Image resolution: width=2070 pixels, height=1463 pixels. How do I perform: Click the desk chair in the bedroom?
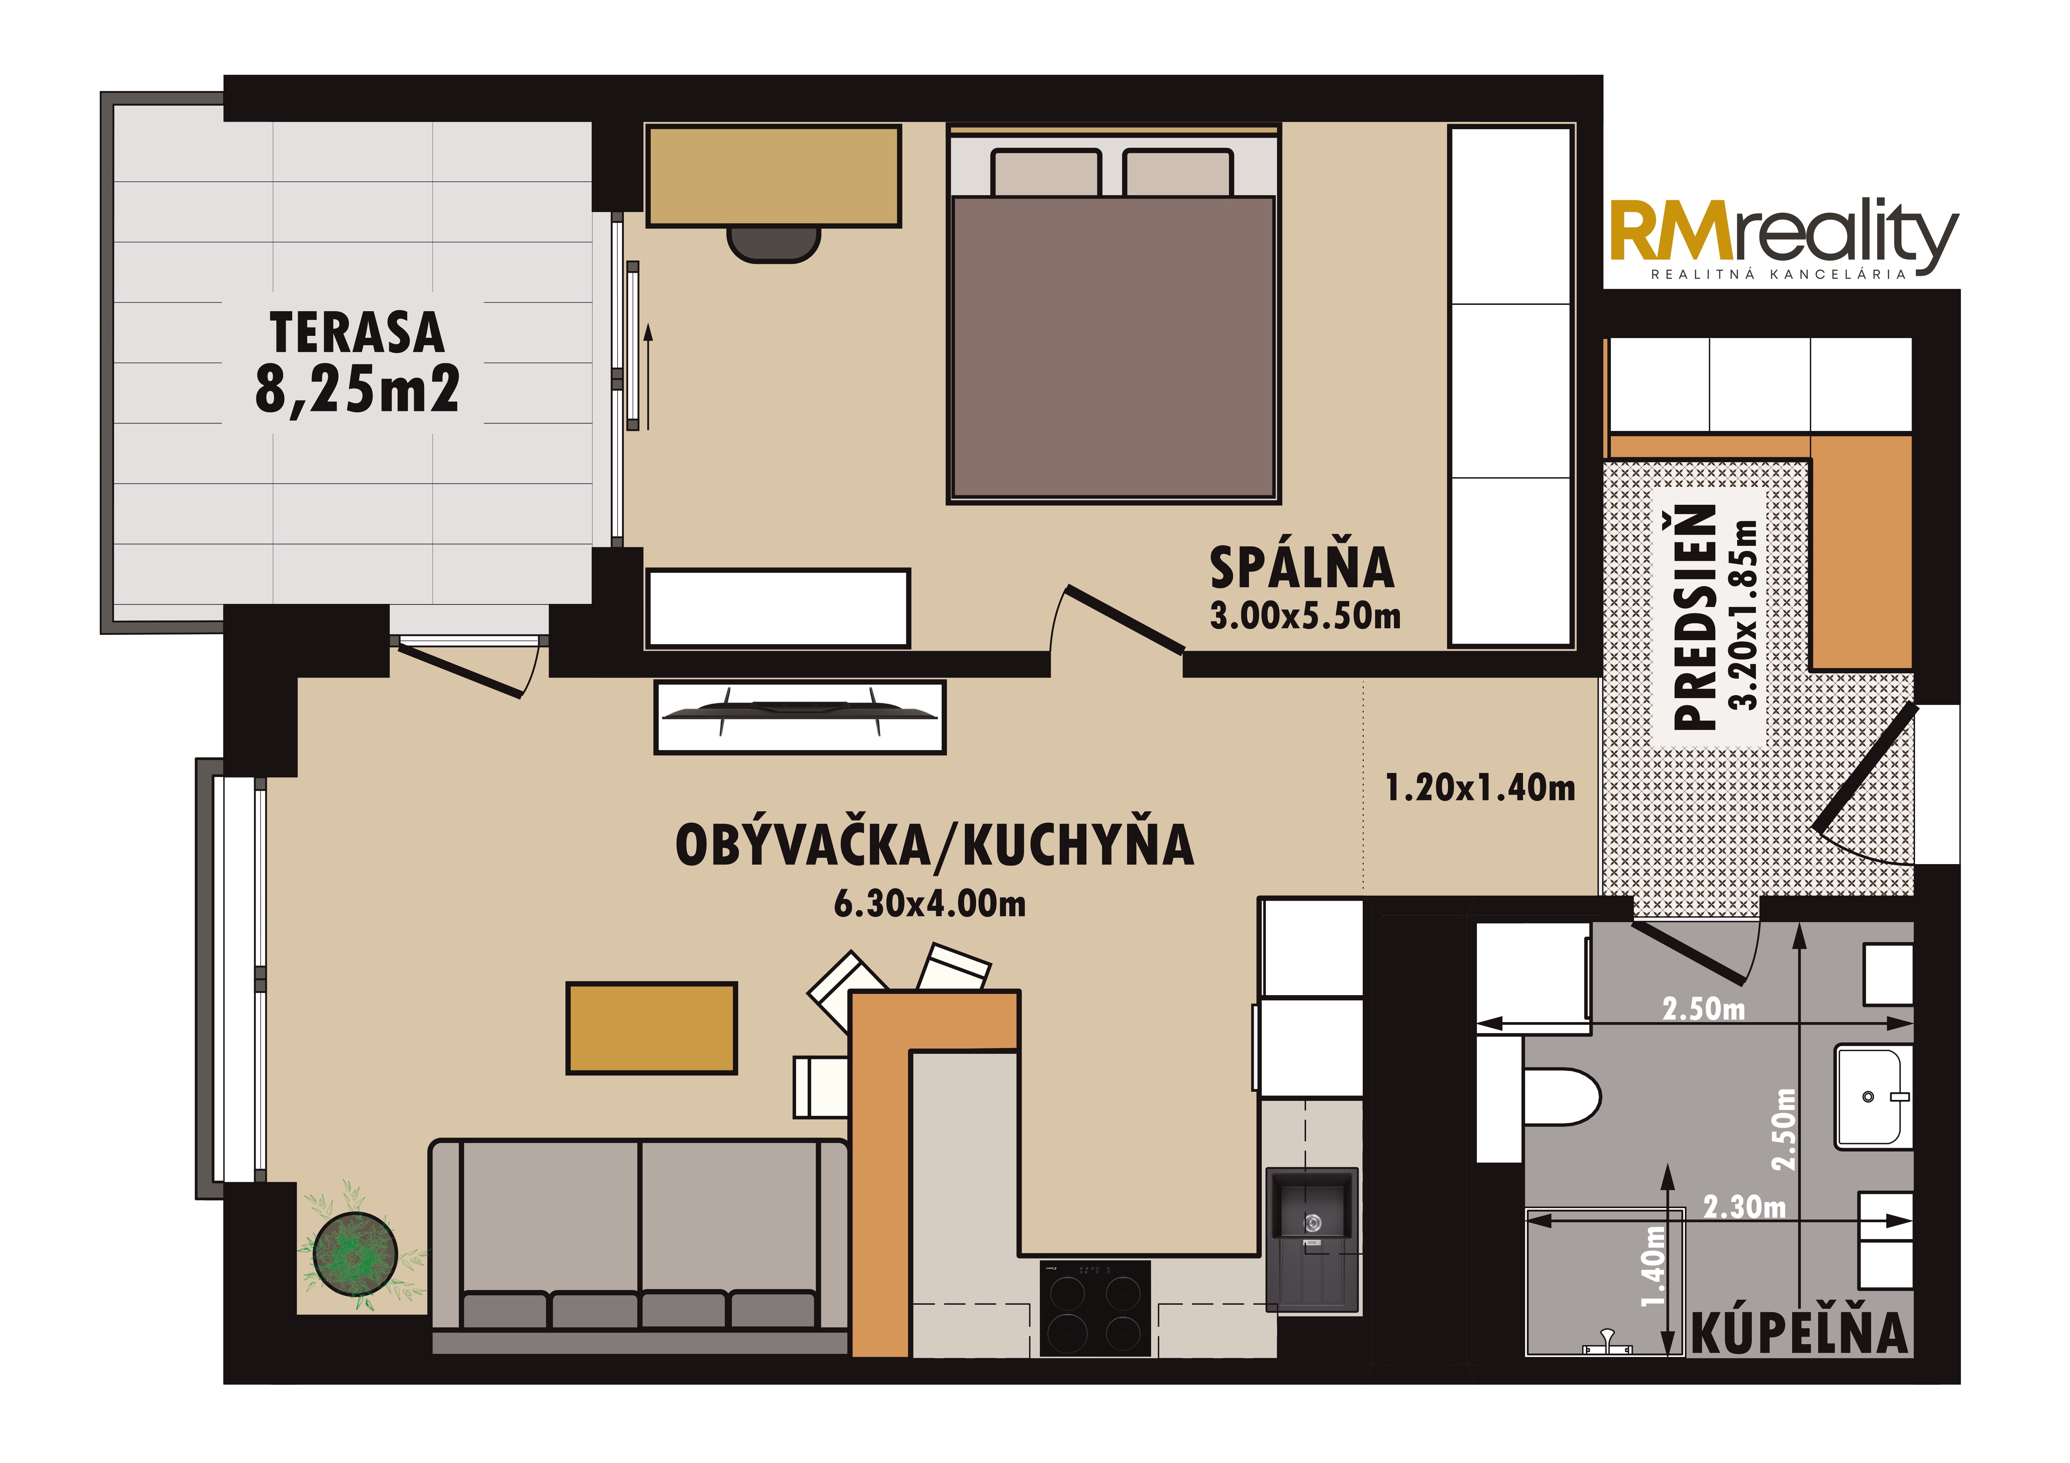[x=774, y=244]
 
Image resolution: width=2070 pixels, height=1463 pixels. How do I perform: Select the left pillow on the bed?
[x=1046, y=172]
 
